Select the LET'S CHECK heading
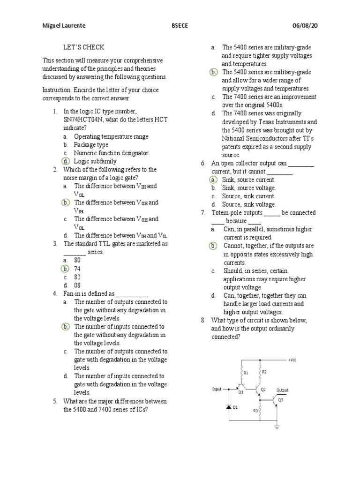coord(83,47)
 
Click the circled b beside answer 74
coord(65,269)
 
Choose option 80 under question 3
coord(77,260)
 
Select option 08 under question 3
coord(77,285)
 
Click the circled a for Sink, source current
coord(213,180)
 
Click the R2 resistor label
coord(264,372)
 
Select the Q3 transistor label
coord(280,400)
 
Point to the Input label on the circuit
coord(217,389)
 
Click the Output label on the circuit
coord(282,390)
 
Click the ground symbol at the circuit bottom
coord(277,427)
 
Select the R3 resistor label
coord(255,411)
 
